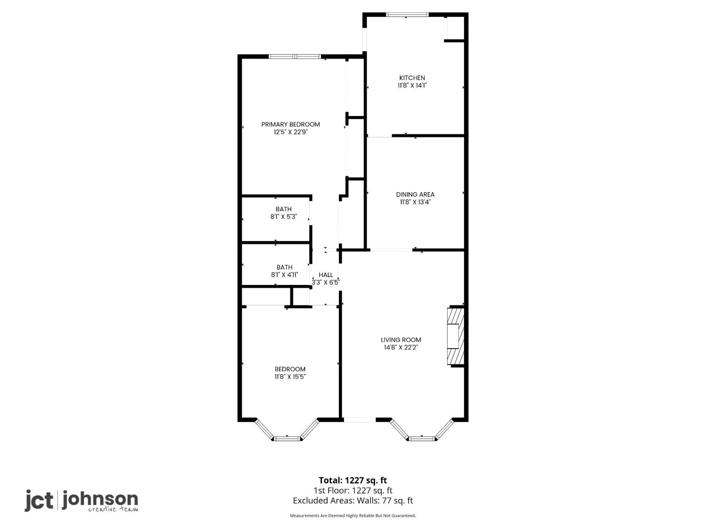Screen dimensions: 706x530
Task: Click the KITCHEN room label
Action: [x=412, y=78]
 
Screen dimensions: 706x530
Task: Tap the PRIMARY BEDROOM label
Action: [x=290, y=124]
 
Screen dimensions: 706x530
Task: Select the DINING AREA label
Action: [x=415, y=195]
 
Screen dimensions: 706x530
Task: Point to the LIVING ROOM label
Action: [x=401, y=340]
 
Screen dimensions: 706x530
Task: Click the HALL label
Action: [x=326, y=275]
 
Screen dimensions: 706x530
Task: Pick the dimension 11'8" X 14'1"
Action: [x=412, y=86]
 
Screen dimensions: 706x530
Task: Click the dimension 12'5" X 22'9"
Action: [x=291, y=132]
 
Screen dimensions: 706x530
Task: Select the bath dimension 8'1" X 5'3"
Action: [x=284, y=217]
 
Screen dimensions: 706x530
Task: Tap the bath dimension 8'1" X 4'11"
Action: [x=285, y=275]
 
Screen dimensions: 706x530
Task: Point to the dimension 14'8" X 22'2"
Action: [x=401, y=348]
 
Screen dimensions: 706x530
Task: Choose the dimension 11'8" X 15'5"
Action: [x=290, y=377]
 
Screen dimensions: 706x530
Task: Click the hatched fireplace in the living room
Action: [x=456, y=336]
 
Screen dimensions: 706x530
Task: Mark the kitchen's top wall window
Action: [x=407, y=15]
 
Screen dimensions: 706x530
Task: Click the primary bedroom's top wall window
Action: [x=295, y=57]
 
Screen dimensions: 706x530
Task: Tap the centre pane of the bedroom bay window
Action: [x=288, y=438]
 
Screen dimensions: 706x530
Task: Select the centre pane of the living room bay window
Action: [x=422, y=438]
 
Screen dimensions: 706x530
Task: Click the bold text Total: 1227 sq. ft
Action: [x=353, y=481]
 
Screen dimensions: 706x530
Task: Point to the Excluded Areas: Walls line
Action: [x=353, y=501]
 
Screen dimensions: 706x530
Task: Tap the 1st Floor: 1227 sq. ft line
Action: [x=353, y=491]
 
